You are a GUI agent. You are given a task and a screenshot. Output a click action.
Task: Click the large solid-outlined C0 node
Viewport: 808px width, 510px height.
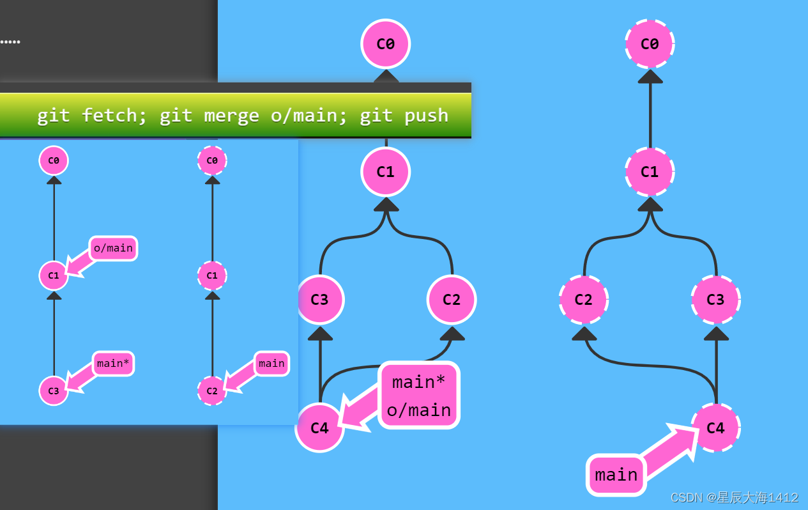pos(385,43)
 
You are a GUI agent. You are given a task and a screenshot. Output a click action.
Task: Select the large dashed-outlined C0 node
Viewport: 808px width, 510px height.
pos(650,43)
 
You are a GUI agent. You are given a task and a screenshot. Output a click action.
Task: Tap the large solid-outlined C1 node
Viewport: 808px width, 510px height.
pos(385,171)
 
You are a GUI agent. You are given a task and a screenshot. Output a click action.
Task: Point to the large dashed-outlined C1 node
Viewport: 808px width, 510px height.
pos(650,171)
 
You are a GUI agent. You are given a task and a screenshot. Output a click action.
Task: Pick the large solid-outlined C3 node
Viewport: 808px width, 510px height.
pos(320,299)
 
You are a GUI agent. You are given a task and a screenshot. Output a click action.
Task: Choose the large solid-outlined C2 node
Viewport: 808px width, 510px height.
pos(452,299)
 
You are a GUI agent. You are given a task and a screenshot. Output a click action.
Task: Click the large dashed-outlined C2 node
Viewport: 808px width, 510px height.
pos(583,299)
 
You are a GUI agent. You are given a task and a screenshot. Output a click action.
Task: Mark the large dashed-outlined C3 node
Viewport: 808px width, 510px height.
pos(715,299)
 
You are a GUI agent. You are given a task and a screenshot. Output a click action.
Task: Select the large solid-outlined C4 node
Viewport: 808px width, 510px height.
pos(319,428)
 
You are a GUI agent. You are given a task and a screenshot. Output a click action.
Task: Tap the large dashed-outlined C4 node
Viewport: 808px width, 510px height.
pos(715,428)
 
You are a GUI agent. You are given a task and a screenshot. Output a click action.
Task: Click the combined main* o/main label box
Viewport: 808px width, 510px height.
pos(419,396)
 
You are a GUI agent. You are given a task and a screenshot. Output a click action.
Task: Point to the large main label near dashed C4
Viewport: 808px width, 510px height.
pos(616,475)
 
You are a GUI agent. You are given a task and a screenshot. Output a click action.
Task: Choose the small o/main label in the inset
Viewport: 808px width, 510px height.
pos(113,248)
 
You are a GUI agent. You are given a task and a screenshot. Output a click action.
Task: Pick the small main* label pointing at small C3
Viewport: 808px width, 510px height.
pos(113,364)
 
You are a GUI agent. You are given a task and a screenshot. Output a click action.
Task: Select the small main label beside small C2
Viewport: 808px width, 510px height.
pos(271,364)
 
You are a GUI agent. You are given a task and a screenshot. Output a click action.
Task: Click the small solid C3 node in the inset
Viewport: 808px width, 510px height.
pos(54,390)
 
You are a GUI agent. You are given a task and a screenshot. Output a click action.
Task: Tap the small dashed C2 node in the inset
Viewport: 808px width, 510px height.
pos(212,390)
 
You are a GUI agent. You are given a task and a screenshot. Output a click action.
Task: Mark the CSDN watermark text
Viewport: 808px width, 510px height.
pos(734,497)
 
